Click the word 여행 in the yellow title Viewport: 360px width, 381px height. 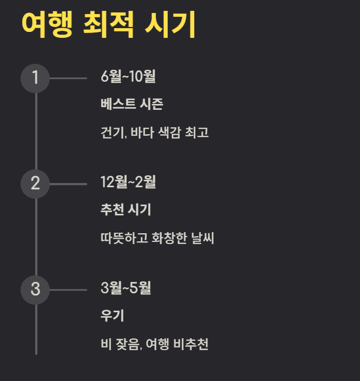pyautogui.click(x=47, y=24)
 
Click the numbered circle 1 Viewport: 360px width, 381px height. pyautogui.click(x=35, y=78)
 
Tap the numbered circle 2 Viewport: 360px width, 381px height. pyautogui.click(x=35, y=183)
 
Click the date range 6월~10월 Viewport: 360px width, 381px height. pyautogui.click(x=128, y=77)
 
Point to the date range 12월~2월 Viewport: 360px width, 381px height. pyautogui.click(x=128, y=182)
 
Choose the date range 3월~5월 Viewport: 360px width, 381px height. pyautogui.click(x=126, y=288)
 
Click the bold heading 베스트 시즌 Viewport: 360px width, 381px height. pyautogui.click(x=132, y=104)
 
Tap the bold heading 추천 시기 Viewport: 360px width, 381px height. pyautogui.click(x=126, y=210)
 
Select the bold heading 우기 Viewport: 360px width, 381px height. pyautogui.click(x=113, y=316)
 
